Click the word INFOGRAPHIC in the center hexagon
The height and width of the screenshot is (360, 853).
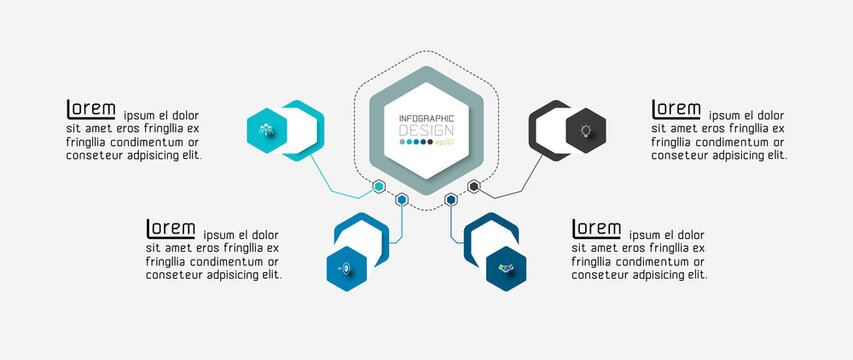(426, 119)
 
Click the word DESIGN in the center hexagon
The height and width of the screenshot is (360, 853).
(426, 131)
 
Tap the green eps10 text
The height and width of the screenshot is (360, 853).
(444, 142)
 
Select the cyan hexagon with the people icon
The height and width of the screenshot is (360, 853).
(267, 128)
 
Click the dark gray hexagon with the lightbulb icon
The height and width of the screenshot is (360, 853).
(586, 130)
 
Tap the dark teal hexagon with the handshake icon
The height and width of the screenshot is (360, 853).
(506, 268)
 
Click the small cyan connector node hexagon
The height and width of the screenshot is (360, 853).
(379, 186)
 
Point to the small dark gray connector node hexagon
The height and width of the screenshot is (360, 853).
(474, 186)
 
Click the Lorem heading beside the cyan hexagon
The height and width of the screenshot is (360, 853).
(91, 109)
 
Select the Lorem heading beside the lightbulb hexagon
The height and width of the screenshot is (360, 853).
(676, 109)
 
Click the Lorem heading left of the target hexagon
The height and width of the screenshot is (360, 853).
(171, 229)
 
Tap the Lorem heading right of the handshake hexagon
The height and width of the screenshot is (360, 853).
(596, 229)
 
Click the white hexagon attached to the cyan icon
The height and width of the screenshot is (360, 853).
(304, 130)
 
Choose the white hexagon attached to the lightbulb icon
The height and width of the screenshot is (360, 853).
(550, 130)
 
